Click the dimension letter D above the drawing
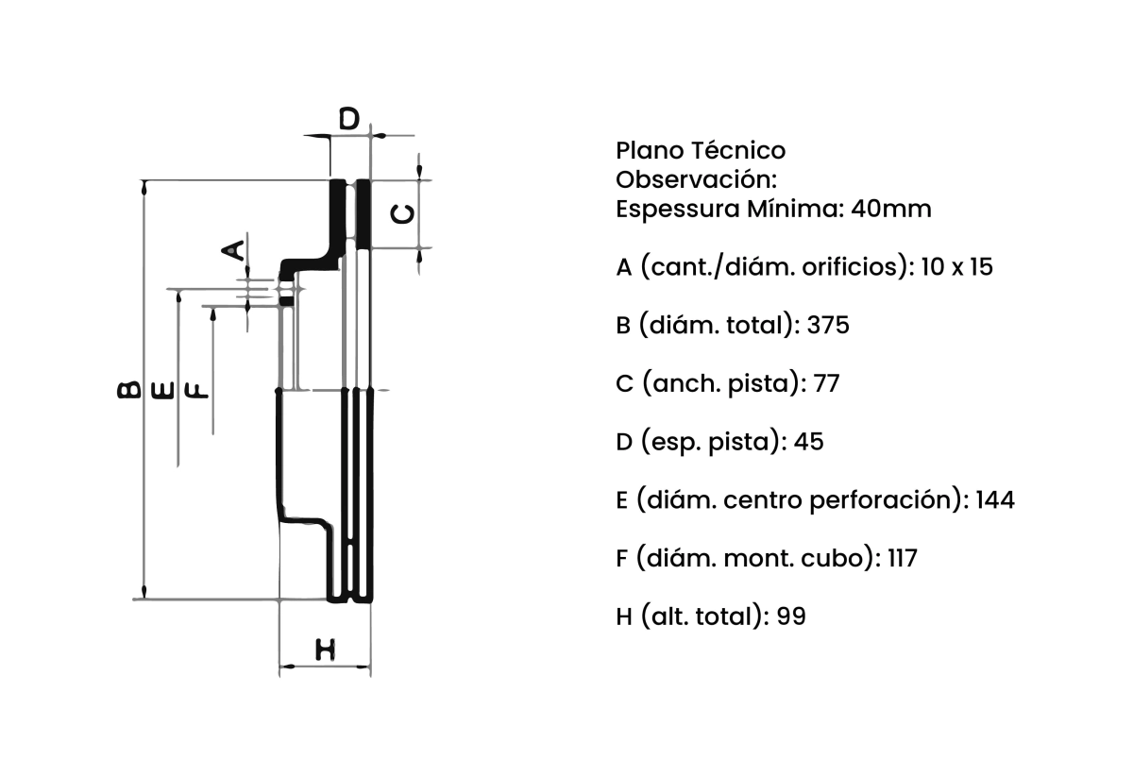pyautogui.click(x=349, y=119)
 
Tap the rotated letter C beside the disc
pyautogui.click(x=404, y=214)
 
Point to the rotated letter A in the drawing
pyautogui.click(x=233, y=250)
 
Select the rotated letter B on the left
pyautogui.click(x=128, y=390)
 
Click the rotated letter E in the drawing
pyautogui.click(x=162, y=391)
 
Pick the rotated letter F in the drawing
pyautogui.click(x=196, y=391)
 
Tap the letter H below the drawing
pyautogui.click(x=325, y=650)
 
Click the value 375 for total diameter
pyautogui.click(x=828, y=325)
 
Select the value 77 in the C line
pyautogui.click(x=826, y=383)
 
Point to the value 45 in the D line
pyautogui.click(x=808, y=442)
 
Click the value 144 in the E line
pyautogui.click(x=995, y=499)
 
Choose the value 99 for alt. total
pyautogui.click(x=791, y=617)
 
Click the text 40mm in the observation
pyautogui.click(x=890, y=209)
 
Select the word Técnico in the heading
pyautogui.click(x=738, y=150)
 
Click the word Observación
pyautogui.click(x=697, y=179)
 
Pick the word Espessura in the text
pyautogui.click(x=678, y=210)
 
